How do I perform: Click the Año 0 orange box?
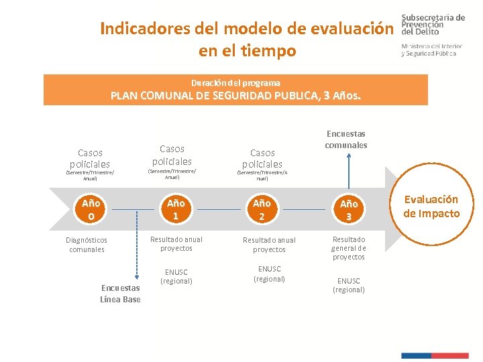[91, 209]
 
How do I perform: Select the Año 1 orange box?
[176, 209]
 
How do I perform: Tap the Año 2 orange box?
[262, 209]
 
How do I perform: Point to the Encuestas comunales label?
[346, 139]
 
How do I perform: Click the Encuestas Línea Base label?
[120, 294]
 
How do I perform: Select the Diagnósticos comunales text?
[87, 245]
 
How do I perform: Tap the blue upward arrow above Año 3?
[348, 171]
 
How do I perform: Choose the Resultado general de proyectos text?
[348, 248]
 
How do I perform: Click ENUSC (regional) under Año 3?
[348, 285]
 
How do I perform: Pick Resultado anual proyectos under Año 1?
[176, 244]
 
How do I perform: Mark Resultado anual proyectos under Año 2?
[269, 245]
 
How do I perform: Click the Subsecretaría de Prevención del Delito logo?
[432, 35]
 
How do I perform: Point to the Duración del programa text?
[235, 83]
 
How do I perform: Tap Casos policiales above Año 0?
[89, 158]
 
